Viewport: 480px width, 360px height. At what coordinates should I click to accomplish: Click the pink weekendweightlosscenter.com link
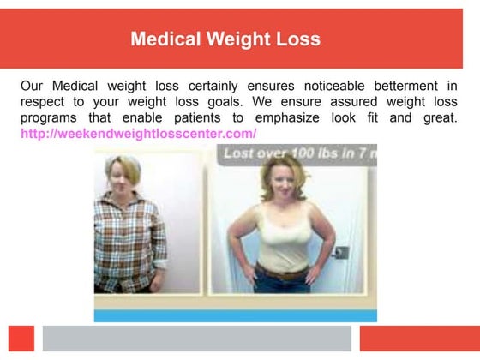click(x=138, y=135)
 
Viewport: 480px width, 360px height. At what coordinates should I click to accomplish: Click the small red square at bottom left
click(x=21, y=338)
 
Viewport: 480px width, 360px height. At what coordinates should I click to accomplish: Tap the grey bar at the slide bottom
click(x=197, y=338)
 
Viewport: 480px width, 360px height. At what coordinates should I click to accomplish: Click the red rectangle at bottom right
click(x=419, y=338)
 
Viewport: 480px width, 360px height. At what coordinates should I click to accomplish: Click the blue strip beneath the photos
click(x=235, y=315)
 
